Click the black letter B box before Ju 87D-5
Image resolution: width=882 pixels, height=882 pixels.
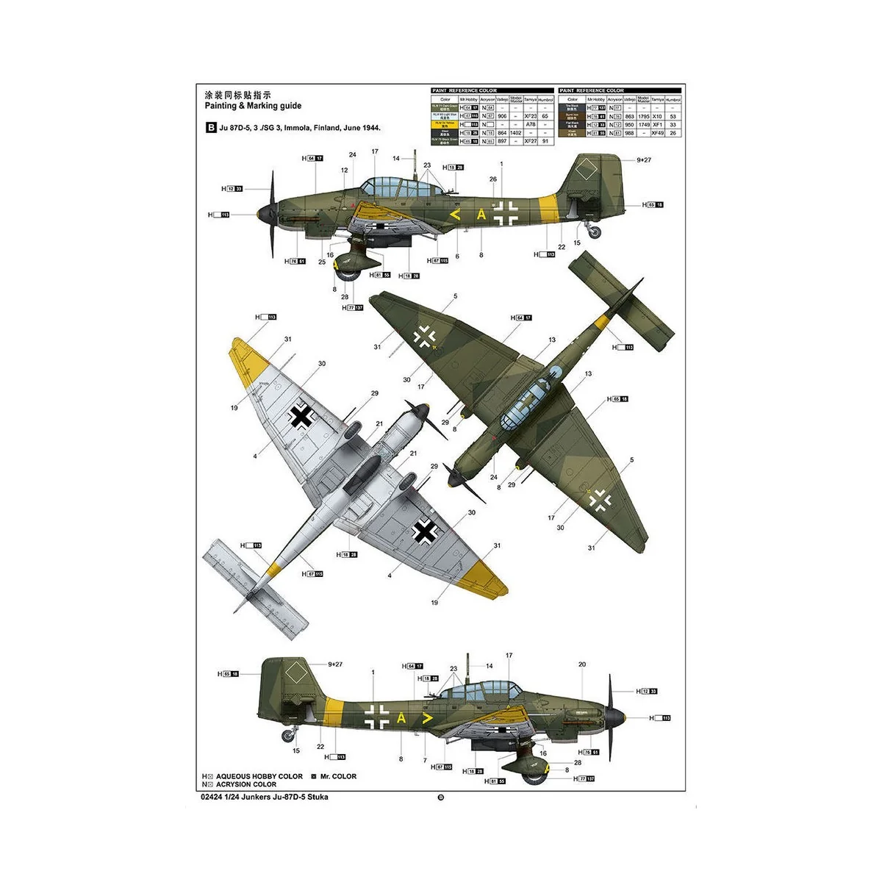coord(212,128)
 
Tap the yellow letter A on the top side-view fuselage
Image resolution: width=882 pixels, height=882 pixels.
coord(481,215)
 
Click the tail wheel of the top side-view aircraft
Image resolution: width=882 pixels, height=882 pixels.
coord(594,232)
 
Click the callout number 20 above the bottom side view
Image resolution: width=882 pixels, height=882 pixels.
coord(582,664)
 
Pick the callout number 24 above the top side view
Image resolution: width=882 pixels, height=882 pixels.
coord(353,155)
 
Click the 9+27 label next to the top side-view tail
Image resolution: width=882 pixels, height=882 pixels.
coord(644,159)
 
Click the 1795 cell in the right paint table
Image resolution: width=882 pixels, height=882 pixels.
coord(643,116)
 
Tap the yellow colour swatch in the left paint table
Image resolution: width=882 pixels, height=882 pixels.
coord(445,124)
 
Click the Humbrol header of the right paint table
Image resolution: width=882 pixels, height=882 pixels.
coord(673,99)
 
